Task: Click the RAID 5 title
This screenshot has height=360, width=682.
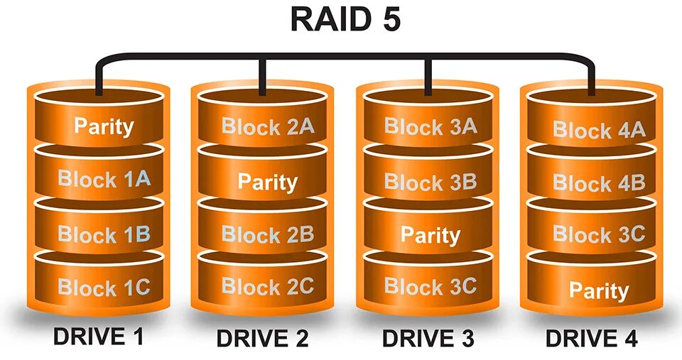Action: click(x=345, y=19)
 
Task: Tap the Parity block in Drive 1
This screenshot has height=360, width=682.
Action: click(x=104, y=126)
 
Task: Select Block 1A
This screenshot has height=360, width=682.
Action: click(x=104, y=178)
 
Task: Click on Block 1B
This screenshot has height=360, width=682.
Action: click(x=104, y=234)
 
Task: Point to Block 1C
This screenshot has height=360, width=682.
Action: click(x=104, y=287)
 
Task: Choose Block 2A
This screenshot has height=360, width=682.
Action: click(x=267, y=127)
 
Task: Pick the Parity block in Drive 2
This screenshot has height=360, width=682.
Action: click(x=267, y=181)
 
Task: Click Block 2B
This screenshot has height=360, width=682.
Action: click(x=267, y=234)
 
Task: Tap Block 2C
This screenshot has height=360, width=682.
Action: click(x=267, y=286)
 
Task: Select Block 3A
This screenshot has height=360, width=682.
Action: click(x=431, y=127)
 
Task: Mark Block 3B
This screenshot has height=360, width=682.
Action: click(x=431, y=181)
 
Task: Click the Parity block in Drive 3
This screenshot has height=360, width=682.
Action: click(x=431, y=234)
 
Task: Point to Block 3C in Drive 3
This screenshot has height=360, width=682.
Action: click(x=431, y=286)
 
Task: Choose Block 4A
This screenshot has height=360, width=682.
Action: click(x=599, y=130)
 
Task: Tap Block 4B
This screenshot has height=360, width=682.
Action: click(x=599, y=182)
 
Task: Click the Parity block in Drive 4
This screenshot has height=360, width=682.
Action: click(x=599, y=290)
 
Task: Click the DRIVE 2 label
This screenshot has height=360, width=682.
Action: click(x=263, y=337)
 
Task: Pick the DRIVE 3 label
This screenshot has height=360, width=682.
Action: click(x=428, y=337)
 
